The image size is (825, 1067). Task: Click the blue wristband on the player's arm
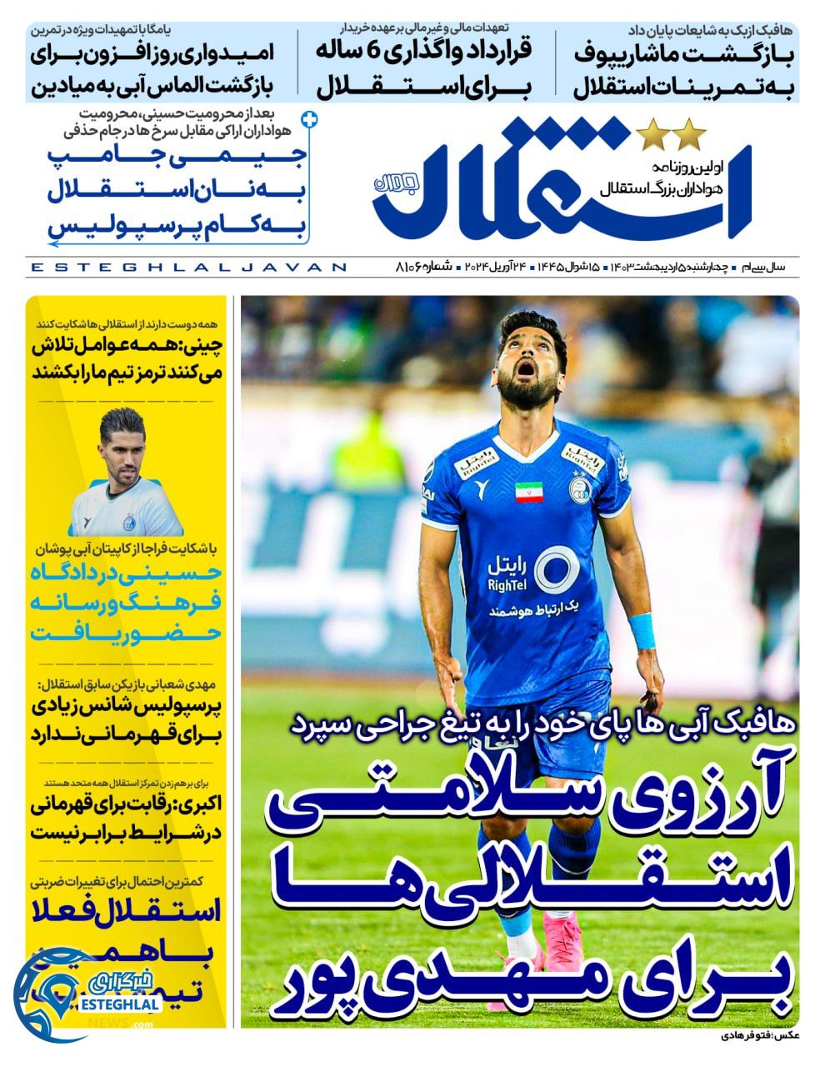pyautogui.click(x=642, y=630)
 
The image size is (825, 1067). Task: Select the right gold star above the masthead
pyautogui.click(x=689, y=133)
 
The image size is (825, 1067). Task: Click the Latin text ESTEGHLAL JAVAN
pyautogui.click(x=188, y=267)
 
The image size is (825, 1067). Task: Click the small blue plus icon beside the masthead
pyautogui.click(x=311, y=120)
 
